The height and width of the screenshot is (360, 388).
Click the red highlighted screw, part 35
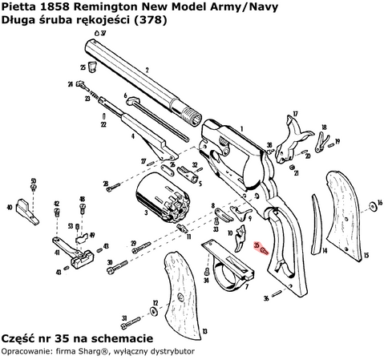(x=263, y=249)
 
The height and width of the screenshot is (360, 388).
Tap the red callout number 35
(x=255, y=245)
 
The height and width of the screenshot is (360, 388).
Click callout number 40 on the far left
(x=9, y=207)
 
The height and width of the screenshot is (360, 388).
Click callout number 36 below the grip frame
(x=265, y=298)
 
